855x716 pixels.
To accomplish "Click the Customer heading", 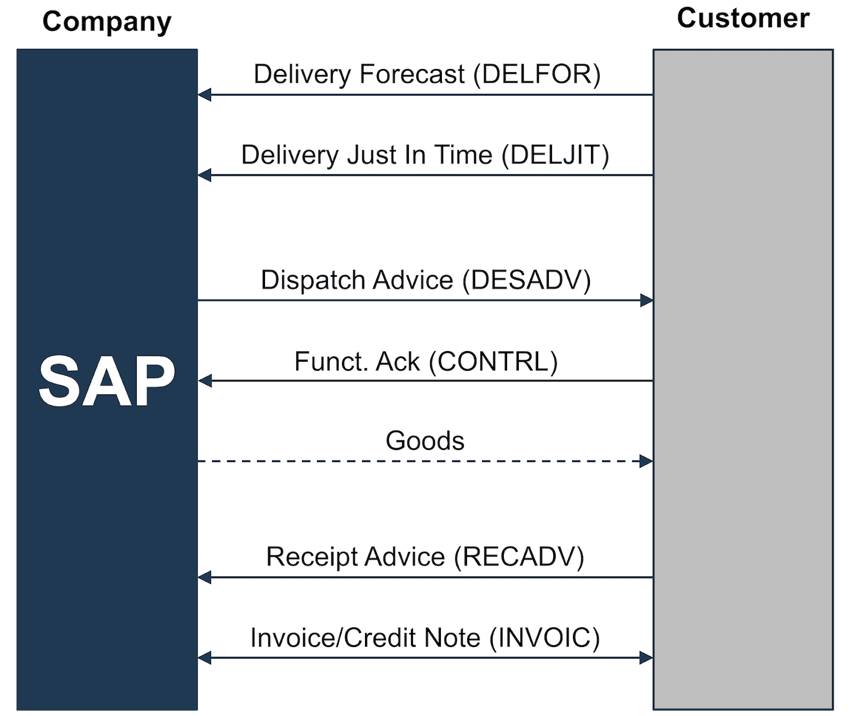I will coord(743,18).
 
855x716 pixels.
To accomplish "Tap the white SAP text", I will coord(107,382).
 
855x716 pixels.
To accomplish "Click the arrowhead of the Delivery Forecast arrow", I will coord(204,95).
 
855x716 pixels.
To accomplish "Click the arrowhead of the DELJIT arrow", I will coord(204,175).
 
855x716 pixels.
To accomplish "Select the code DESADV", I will coord(526,280).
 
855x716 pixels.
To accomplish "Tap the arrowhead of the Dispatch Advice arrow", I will coord(647,300).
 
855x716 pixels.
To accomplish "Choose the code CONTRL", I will coord(494,362).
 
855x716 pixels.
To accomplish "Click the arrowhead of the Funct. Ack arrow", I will coord(204,381).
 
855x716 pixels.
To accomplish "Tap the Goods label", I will coord(425,441).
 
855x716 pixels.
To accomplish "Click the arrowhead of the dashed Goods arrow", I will coord(647,461).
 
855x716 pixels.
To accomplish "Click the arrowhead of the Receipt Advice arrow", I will coord(204,577).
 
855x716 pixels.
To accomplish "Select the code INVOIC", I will coord(545,637).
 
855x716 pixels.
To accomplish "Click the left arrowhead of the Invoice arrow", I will coord(204,658).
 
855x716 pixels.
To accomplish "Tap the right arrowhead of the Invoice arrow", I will coord(647,658).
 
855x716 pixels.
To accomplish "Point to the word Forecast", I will coord(411,74).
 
